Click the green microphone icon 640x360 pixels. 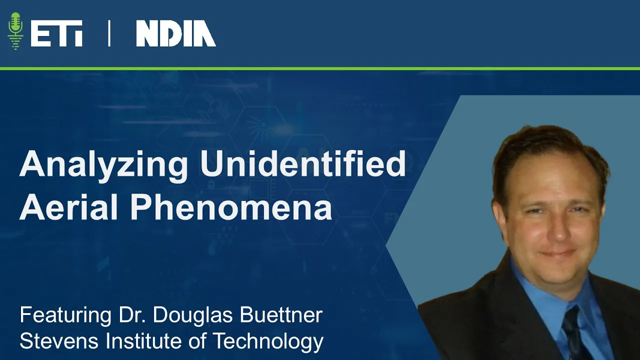click(x=15, y=30)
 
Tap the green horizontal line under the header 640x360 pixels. click(x=320, y=68)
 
